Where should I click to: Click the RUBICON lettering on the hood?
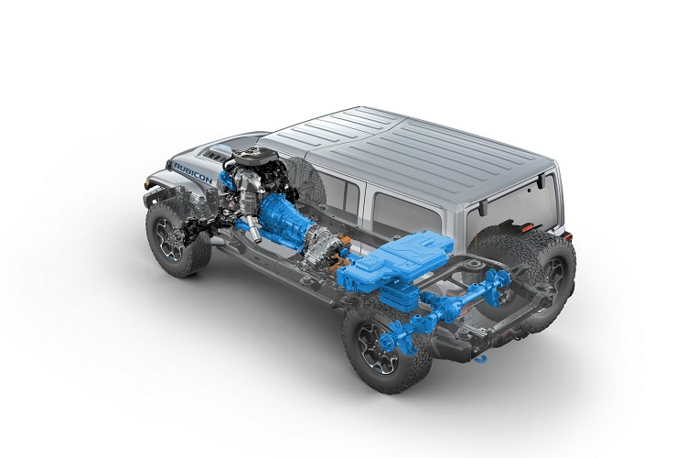193,173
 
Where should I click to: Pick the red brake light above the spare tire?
528,227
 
